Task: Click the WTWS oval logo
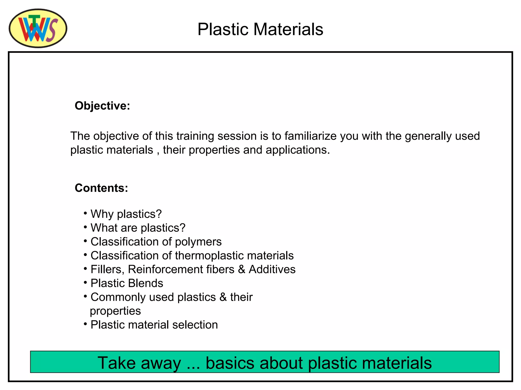click(x=38, y=28)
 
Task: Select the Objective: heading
click(x=102, y=106)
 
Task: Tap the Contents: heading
click(x=101, y=188)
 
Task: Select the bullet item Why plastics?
click(x=126, y=214)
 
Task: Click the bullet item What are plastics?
click(x=138, y=228)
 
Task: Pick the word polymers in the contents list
click(x=198, y=242)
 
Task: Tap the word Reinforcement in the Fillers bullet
click(x=181, y=269)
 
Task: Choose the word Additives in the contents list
click(x=272, y=269)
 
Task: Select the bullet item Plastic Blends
click(x=127, y=283)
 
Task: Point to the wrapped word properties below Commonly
click(x=115, y=311)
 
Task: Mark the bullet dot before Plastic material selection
click(x=85, y=324)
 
